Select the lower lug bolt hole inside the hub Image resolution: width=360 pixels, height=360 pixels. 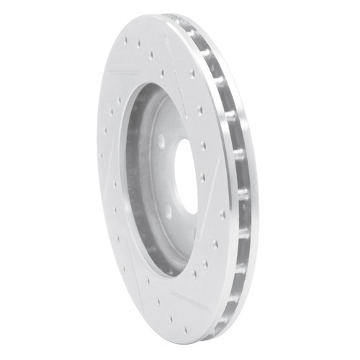(168, 211)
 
